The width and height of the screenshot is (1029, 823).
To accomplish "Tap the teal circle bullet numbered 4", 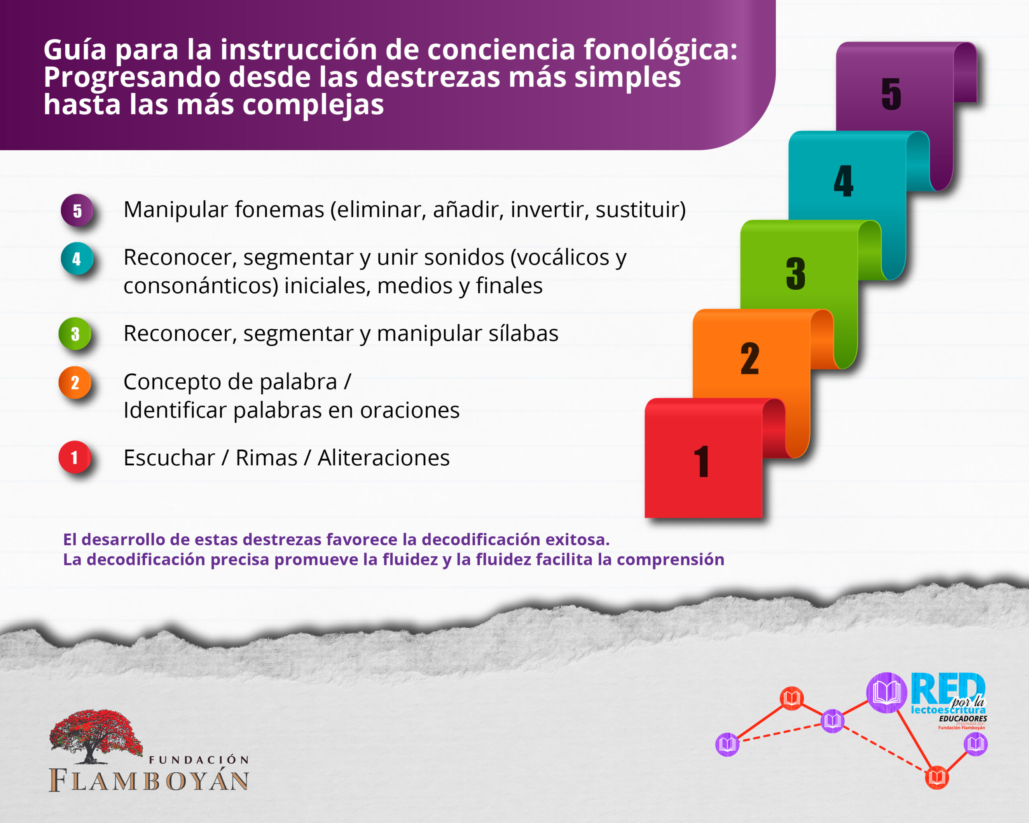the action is (77, 258).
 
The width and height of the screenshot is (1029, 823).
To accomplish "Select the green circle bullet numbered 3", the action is (75, 334).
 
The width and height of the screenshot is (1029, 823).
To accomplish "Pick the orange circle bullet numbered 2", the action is (75, 382).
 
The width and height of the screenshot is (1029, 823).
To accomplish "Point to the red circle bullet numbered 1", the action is (74, 457).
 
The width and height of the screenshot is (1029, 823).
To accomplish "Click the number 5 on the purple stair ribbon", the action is (891, 94).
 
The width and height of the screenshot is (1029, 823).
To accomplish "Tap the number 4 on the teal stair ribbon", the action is (843, 181).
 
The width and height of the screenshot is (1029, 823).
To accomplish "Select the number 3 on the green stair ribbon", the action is (795, 273).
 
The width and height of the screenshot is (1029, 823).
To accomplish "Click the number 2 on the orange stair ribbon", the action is (750, 358).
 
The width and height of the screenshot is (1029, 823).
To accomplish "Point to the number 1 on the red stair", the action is (701, 461).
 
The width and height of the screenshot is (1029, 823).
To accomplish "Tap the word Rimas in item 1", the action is (266, 458).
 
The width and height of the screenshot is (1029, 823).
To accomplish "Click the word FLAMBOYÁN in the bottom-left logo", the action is (149, 780).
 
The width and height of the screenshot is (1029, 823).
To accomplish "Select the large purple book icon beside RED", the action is (886, 693).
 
